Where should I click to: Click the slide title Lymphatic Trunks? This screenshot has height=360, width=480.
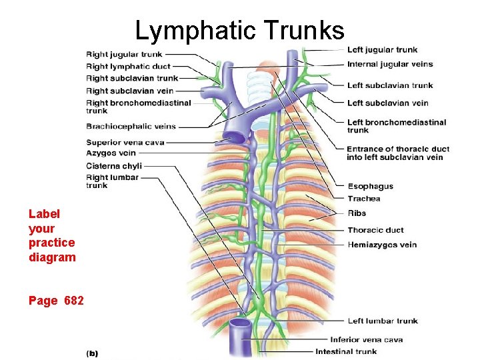[239, 30]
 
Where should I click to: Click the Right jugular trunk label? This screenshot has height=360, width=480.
[124, 54]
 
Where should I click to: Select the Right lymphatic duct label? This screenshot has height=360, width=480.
[128, 66]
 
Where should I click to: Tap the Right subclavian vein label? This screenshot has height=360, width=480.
[129, 91]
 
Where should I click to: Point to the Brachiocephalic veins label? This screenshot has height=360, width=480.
[131, 126]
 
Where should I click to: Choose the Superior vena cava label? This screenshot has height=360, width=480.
[125, 142]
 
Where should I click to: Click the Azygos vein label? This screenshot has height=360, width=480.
[111, 153]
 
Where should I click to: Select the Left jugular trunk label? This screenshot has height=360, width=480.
[382, 50]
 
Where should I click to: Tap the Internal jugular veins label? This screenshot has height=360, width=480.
[390, 65]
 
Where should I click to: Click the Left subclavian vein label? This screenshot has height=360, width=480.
[387, 103]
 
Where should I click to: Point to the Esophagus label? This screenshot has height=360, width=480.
[370, 187]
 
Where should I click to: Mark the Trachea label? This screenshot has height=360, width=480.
[363, 199]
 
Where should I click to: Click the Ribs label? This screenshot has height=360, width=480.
[357, 213]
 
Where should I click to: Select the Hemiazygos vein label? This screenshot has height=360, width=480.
[382, 245]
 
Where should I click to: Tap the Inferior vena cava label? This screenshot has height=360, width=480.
[366, 340]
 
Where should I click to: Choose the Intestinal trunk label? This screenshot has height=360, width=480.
[346, 351]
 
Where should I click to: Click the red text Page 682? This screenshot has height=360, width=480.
[56, 301]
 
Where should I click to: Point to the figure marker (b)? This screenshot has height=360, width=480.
[92, 353]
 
